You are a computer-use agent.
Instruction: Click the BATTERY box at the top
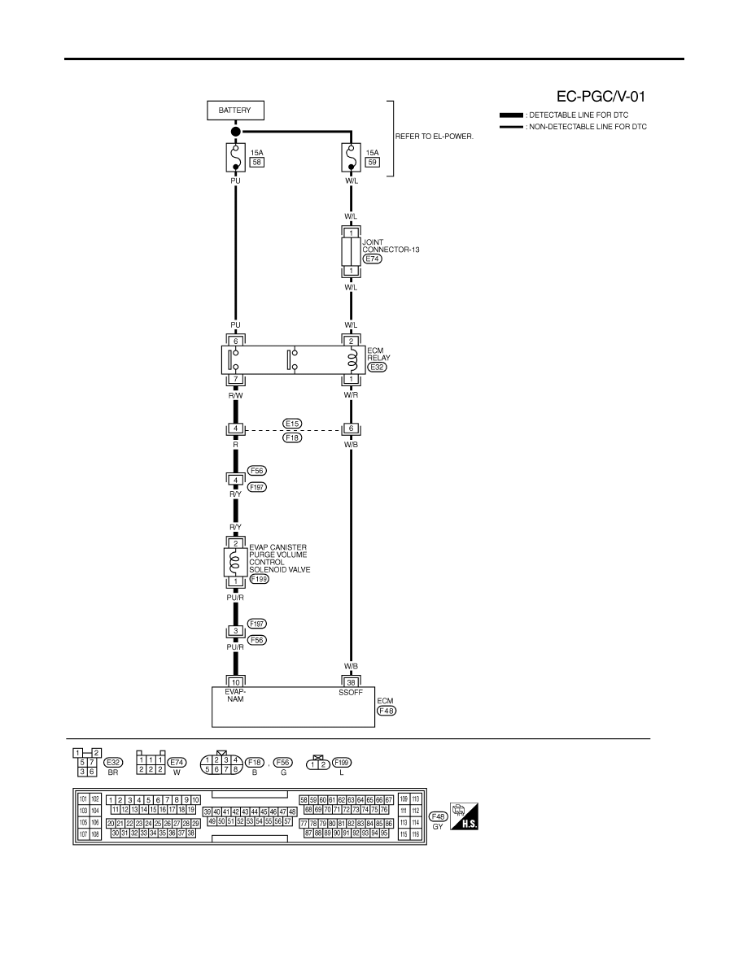[235, 111]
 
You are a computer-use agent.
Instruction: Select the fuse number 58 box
[256, 162]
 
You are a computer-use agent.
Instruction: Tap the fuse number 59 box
[372, 162]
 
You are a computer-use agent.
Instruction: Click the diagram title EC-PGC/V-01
[601, 96]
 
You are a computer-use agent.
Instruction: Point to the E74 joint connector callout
[372, 259]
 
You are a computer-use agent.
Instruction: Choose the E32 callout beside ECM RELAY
[377, 368]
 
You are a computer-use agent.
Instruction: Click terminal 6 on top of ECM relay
[235, 342]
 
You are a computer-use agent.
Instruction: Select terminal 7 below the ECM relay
[235, 379]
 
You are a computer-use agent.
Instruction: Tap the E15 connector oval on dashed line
[292, 424]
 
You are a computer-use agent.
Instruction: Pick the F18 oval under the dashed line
[292, 437]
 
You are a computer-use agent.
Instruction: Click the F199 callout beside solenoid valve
[260, 579]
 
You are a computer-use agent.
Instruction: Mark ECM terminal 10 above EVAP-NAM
[235, 682]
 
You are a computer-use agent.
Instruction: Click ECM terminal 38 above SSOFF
[351, 682]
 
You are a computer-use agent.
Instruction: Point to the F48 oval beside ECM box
[387, 711]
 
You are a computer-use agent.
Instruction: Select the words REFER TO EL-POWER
[435, 136]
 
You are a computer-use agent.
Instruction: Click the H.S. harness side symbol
[464, 816]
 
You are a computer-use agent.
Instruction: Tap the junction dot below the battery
[235, 131]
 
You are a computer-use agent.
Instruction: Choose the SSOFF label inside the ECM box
[351, 693]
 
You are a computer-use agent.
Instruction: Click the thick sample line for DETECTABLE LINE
[511, 115]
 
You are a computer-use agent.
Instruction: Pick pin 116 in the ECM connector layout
[416, 834]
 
